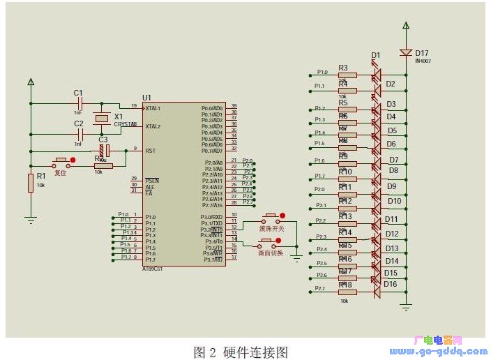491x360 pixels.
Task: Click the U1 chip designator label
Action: [x=146, y=97]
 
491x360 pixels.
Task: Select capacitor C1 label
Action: [x=78, y=93]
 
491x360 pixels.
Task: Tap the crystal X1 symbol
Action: [x=103, y=119]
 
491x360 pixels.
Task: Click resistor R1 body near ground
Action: [x=31, y=183]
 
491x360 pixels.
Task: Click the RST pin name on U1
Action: [x=150, y=151]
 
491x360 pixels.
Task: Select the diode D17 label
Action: [x=423, y=52]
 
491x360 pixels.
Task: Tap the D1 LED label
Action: [x=376, y=55]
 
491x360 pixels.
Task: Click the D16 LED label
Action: [x=391, y=284]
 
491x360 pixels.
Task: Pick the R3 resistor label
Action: [x=343, y=68]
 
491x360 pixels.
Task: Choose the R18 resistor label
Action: [x=345, y=285]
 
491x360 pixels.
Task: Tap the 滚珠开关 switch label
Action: [x=272, y=228]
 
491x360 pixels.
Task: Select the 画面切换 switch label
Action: [x=271, y=253]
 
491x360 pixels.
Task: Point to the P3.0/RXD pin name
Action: [x=211, y=216]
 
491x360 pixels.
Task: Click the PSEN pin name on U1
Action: [x=152, y=180]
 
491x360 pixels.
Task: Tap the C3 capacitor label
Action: [x=103, y=140]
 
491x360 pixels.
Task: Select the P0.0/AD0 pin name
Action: [x=211, y=108]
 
